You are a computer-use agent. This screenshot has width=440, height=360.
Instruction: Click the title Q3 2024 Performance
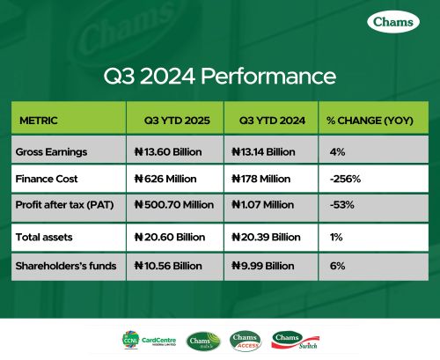click(220, 76)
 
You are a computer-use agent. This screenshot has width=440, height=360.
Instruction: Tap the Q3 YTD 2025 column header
click(167, 119)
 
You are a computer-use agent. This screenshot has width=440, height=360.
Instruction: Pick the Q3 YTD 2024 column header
click(263, 119)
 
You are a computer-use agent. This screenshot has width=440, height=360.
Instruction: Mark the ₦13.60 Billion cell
click(168, 151)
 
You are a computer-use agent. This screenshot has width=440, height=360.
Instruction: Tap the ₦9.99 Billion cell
click(261, 265)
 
